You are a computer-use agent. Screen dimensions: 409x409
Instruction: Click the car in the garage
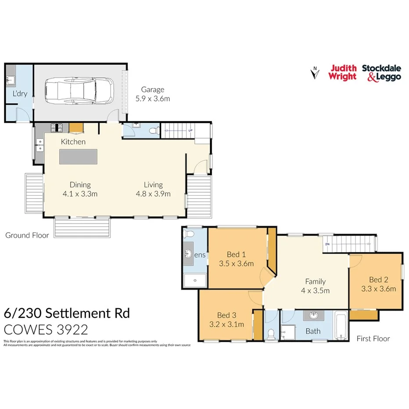click(79, 91)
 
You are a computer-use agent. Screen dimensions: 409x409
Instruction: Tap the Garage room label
click(152, 90)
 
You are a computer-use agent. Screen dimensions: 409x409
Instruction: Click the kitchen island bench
click(78, 156)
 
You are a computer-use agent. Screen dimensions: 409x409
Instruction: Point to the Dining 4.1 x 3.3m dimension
click(80, 194)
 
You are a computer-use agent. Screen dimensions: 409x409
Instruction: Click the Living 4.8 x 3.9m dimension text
click(153, 194)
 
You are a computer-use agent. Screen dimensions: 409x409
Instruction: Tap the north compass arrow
click(314, 73)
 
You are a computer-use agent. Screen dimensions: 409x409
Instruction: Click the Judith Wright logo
click(343, 72)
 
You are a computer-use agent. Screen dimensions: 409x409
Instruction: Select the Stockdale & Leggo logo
click(381, 72)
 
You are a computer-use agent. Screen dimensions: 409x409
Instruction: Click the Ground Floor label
click(27, 235)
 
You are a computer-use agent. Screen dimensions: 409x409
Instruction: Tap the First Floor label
click(373, 338)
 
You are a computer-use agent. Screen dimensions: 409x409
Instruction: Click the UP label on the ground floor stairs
click(190, 131)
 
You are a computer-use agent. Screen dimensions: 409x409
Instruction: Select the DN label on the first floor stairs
click(327, 244)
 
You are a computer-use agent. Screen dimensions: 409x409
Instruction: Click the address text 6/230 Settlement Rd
click(66, 313)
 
